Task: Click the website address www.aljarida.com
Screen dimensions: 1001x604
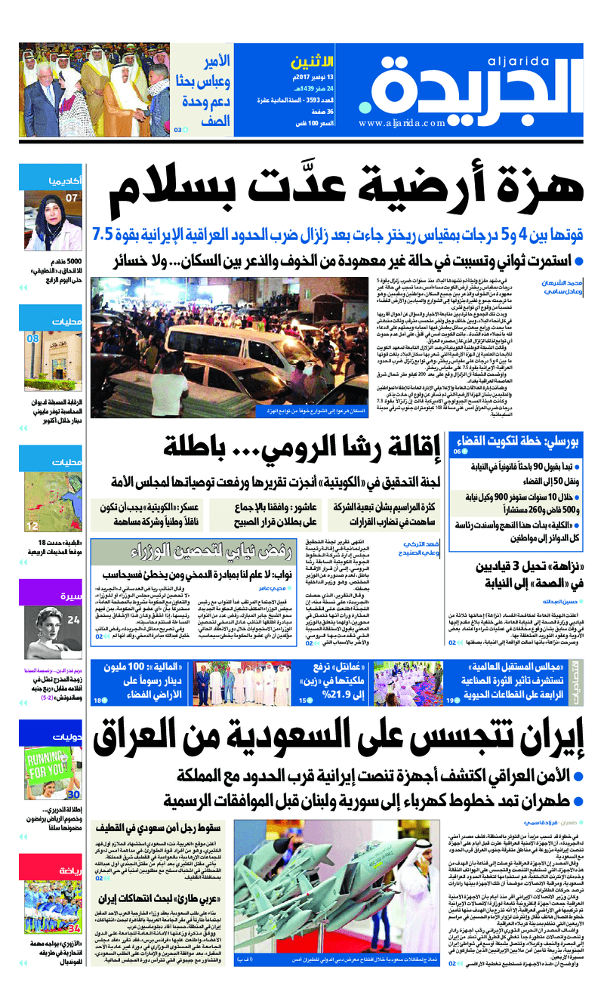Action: point(403,123)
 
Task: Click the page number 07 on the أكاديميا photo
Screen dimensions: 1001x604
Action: point(72,199)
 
